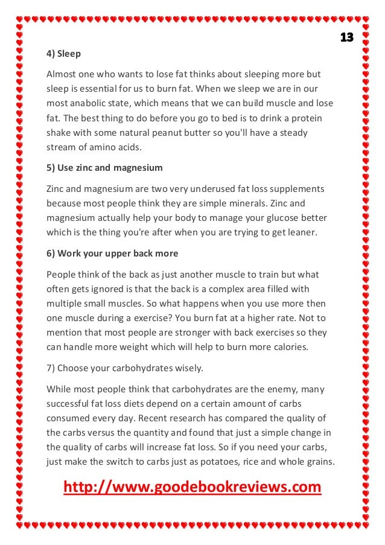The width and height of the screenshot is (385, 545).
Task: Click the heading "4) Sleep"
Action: pos(63,54)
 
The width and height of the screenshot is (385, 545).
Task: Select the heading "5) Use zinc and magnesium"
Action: pos(104,167)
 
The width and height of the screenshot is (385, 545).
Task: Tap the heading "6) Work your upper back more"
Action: pos(112,253)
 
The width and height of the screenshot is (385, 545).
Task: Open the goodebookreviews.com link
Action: pos(192,486)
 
